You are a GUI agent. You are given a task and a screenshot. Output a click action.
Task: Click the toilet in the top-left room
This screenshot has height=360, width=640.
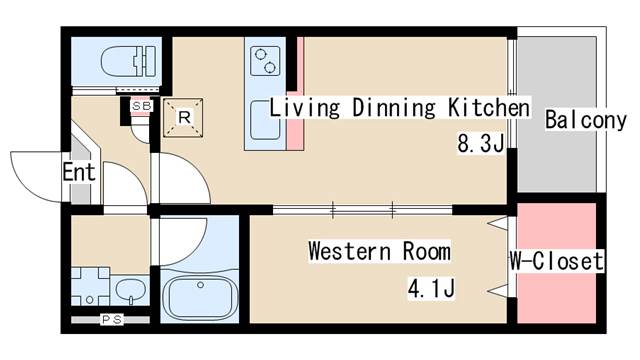(129, 62)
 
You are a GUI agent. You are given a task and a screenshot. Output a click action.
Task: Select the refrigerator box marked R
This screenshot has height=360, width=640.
(183, 118)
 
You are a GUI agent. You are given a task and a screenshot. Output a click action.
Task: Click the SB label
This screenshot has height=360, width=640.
(142, 106)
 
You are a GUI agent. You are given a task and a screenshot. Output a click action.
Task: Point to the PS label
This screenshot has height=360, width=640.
(112, 320)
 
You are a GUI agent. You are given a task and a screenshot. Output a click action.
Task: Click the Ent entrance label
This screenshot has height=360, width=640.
(79, 172)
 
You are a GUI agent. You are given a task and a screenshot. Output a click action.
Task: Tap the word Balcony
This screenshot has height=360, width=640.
(586, 120)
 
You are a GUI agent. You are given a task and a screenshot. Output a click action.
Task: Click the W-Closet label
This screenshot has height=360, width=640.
(556, 261)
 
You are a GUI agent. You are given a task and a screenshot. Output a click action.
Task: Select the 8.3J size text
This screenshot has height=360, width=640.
(481, 143)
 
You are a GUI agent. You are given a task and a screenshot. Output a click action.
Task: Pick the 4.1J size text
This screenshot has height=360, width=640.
(431, 289)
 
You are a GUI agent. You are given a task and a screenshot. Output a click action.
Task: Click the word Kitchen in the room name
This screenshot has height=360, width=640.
(489, 108)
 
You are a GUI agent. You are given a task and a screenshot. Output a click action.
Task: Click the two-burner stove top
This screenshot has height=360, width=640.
(265, 61)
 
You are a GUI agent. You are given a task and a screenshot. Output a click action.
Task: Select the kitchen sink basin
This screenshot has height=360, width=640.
(265, 120)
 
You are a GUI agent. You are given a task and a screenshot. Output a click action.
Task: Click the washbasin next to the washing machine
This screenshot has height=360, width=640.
(130, 290)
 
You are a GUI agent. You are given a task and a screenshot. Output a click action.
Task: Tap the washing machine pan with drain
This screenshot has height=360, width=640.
(90, 286)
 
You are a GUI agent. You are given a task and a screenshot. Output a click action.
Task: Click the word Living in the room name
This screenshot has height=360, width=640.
(304, 108)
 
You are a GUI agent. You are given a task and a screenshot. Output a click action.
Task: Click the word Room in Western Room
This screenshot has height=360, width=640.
(427, 251)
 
